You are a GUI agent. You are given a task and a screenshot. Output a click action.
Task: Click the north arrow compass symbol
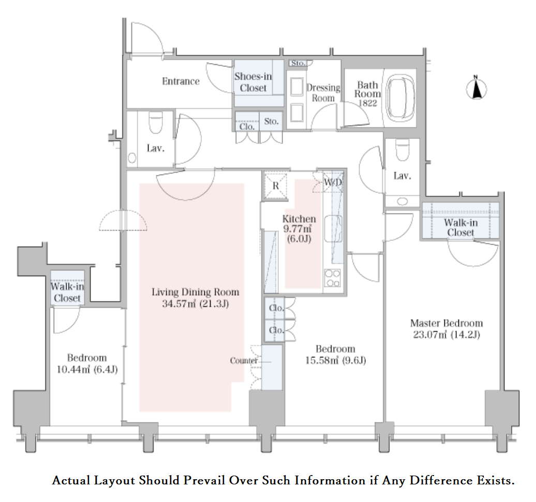pos(477,89)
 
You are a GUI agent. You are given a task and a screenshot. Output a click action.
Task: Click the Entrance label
pos(181,81)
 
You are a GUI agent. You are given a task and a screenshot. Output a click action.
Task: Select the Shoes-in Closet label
pos(253,82)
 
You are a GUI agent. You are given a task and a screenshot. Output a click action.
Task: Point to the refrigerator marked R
pos(276,186)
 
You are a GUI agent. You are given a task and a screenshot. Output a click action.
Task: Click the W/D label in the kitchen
pos(333,182)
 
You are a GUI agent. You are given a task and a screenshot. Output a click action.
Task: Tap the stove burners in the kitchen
pos(333,278)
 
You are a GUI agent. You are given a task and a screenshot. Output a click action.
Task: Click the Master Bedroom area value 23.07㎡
pos(430,335)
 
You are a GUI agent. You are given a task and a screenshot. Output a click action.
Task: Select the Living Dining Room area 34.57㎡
pos(179,304)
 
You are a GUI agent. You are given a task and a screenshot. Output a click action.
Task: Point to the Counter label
pos(244,361)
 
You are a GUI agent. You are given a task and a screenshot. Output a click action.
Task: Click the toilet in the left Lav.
pos(156,122)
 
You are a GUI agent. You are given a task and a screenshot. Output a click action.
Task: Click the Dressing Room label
pos(323,93)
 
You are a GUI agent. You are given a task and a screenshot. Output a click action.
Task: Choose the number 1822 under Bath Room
pos(367,103)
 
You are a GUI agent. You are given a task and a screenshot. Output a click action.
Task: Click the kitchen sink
pos(333,229)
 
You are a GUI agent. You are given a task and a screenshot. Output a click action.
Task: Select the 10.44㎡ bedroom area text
pos(73,369)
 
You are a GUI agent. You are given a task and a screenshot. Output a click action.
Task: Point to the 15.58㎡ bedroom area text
pos(322,361)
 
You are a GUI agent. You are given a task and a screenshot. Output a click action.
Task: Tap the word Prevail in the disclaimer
pos(204,480)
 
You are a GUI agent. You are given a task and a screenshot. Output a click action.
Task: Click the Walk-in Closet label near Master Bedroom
pos(460,227)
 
